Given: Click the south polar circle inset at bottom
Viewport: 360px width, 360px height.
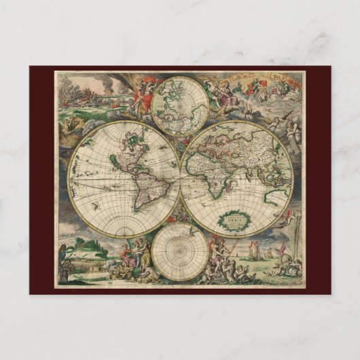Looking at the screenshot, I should pos(180,251).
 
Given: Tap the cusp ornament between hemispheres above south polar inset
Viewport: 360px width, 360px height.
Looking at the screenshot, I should pos(181,219).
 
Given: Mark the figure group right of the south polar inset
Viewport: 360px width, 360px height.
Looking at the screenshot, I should pos(224,258).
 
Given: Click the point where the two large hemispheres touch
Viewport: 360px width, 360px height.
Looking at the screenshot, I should pos(181,179).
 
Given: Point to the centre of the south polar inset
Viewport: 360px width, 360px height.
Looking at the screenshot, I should pos(180,251).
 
